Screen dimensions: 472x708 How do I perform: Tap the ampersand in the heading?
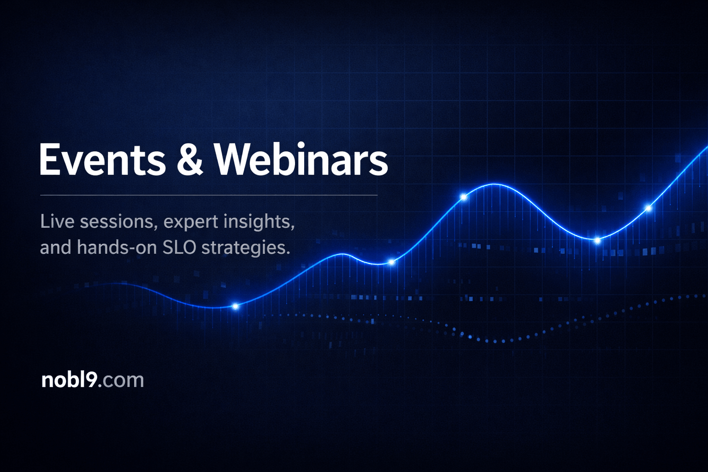[189, 159]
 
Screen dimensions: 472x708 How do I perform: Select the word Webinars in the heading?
[301, 159]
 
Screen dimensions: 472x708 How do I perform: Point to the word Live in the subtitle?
[57, 222]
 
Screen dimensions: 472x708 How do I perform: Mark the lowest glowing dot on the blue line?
[236, 306]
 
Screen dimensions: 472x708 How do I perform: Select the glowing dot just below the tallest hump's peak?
[464, 197]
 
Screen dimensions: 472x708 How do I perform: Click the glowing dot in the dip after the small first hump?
[391, 262]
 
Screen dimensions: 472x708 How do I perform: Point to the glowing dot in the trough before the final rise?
[597, 240]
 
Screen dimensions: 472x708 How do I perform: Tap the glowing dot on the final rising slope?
[649, 208]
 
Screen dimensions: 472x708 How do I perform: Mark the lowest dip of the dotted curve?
[495, 342]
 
